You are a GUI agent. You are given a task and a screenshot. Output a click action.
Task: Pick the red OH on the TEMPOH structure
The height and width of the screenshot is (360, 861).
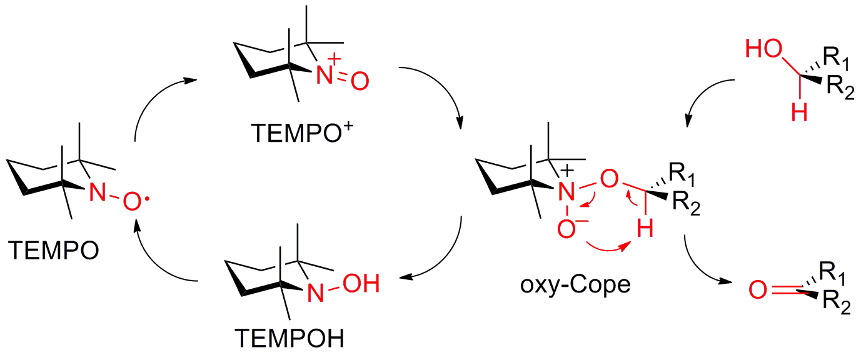[361, 285]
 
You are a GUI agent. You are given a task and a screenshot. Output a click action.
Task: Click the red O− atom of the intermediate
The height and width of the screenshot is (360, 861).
[568, 229]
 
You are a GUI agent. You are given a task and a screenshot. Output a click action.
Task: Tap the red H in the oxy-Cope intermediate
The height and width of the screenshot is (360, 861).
[645, 230]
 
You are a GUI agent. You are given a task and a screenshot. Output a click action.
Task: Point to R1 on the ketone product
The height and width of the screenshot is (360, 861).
[835, 273]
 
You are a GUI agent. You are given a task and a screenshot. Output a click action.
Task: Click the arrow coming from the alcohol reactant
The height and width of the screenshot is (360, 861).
[707, 100]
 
